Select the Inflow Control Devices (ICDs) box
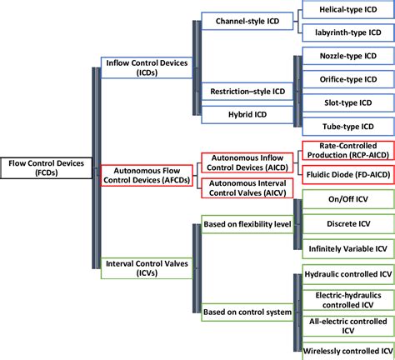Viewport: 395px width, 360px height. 147,67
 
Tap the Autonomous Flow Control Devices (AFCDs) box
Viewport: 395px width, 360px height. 147,174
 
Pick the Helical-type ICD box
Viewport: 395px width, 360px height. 346,10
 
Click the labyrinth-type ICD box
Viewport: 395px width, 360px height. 346,33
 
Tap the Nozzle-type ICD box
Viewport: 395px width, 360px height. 346,57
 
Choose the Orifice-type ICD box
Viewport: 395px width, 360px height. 346,81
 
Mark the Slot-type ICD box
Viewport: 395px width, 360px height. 346,104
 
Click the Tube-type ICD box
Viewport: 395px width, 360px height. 346,127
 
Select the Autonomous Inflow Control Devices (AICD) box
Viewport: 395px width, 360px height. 247,162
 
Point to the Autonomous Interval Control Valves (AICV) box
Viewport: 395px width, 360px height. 247,187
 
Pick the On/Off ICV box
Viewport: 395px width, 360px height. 346,201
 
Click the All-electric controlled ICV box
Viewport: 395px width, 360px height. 346,325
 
